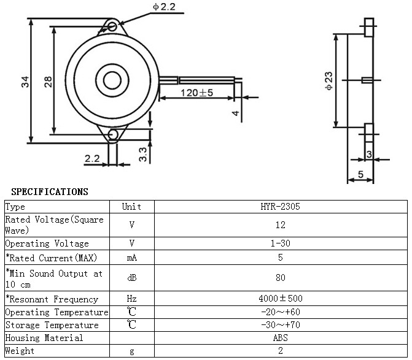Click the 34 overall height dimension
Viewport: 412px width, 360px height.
25,82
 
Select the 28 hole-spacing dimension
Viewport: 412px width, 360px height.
48,82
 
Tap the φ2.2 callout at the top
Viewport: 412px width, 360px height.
164,7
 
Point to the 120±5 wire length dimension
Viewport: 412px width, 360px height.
196,93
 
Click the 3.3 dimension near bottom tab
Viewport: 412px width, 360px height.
142,154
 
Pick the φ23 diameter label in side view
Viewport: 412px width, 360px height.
328,81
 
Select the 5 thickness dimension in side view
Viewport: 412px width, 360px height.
360,174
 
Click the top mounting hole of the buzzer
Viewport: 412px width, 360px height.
112,26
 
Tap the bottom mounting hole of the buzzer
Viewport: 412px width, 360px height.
113,134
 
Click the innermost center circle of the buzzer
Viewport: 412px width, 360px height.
112,80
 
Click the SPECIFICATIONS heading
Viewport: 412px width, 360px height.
50,192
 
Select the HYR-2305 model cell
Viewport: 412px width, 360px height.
281,207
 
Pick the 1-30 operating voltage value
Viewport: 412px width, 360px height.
281,243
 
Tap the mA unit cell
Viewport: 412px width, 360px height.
132,258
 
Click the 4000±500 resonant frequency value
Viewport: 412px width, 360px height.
281,298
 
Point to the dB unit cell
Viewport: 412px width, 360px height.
132,278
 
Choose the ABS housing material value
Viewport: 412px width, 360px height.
281,338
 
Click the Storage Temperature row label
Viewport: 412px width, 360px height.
52,325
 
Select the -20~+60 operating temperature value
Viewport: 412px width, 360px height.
281,312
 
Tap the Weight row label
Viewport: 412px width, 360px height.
20,351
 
